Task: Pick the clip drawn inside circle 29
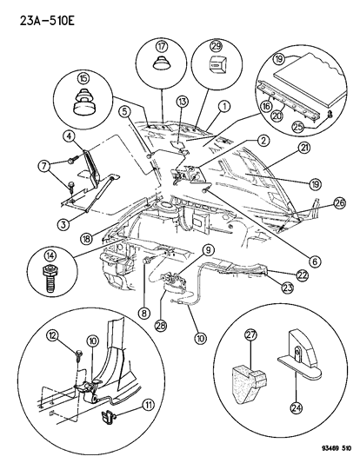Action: [217, 64]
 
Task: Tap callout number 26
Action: [337, 205]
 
